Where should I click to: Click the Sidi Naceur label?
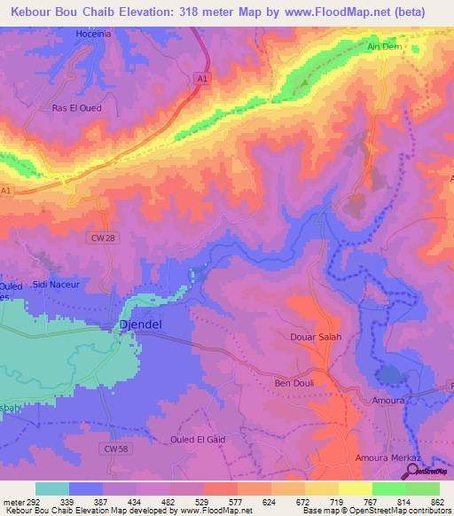coord(57,285)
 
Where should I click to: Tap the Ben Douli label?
coord(294,383)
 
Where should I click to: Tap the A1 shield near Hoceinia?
coord(202,79)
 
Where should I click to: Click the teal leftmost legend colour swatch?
coord(52,489)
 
